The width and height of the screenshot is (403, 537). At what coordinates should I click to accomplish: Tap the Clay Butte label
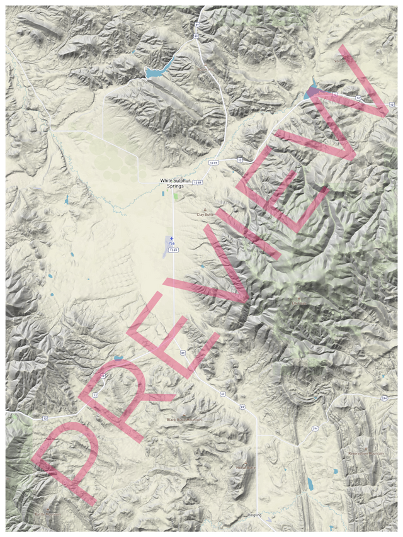click(205, 215)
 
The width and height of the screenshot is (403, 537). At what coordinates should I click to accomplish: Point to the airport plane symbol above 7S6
click(171, 238)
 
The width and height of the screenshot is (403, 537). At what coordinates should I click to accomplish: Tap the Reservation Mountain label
click(363, 454)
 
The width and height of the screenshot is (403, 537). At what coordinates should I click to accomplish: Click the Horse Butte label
click(245, 468)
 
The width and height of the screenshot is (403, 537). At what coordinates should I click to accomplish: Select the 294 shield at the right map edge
click(383, 399)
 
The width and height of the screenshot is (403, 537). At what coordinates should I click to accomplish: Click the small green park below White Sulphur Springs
click(176, 196)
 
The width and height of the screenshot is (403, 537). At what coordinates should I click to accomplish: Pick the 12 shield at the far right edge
click(392, 104)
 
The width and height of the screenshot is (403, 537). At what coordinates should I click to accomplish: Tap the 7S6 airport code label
click(171, 244)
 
